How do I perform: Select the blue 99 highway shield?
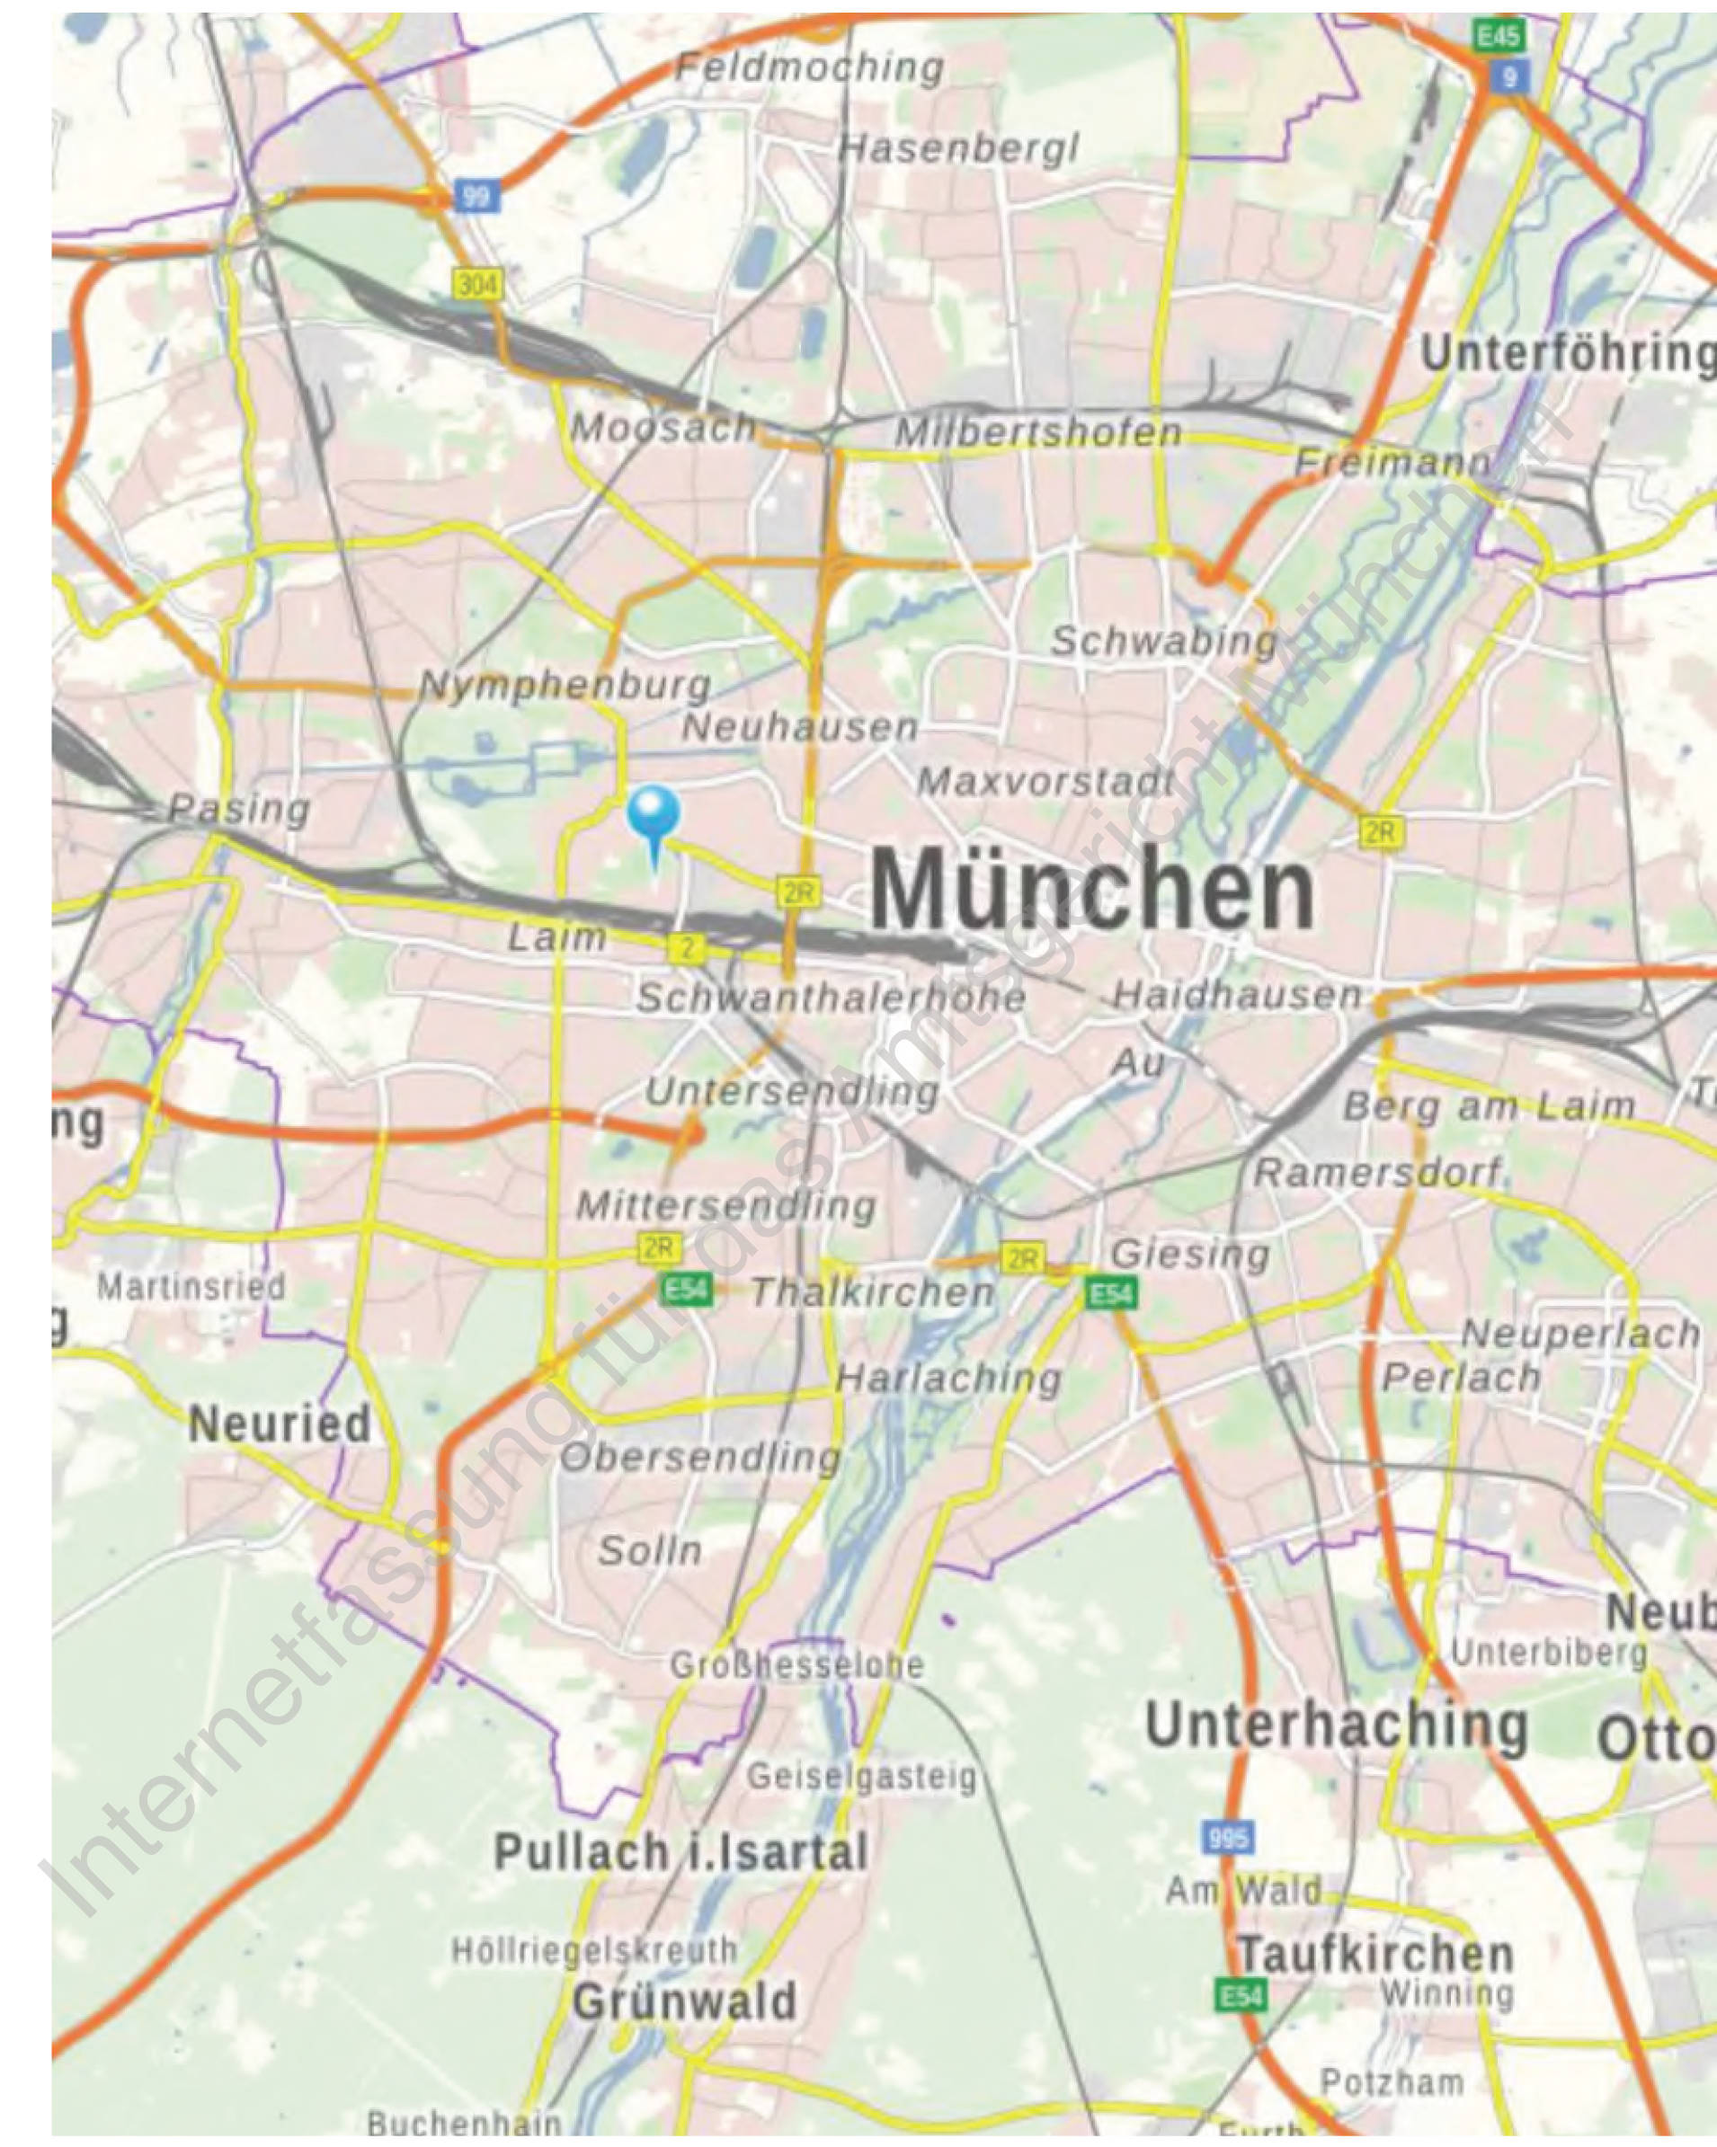tap(477, 195)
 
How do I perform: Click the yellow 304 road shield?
tap(478, 285)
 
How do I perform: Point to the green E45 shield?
tap(1498, 37)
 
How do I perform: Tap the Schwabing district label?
tap(1163, 642)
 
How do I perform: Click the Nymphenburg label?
tap(565, 685)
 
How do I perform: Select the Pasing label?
tap(239, 809)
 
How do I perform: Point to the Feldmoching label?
tap(810, 67)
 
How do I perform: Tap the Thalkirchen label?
tap(873, 1292)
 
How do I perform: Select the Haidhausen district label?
tap(1236, 994)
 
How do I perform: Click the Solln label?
tap(649, 1549)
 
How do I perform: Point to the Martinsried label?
tap(191, 1287)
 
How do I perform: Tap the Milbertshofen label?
tap(1037, 432)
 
